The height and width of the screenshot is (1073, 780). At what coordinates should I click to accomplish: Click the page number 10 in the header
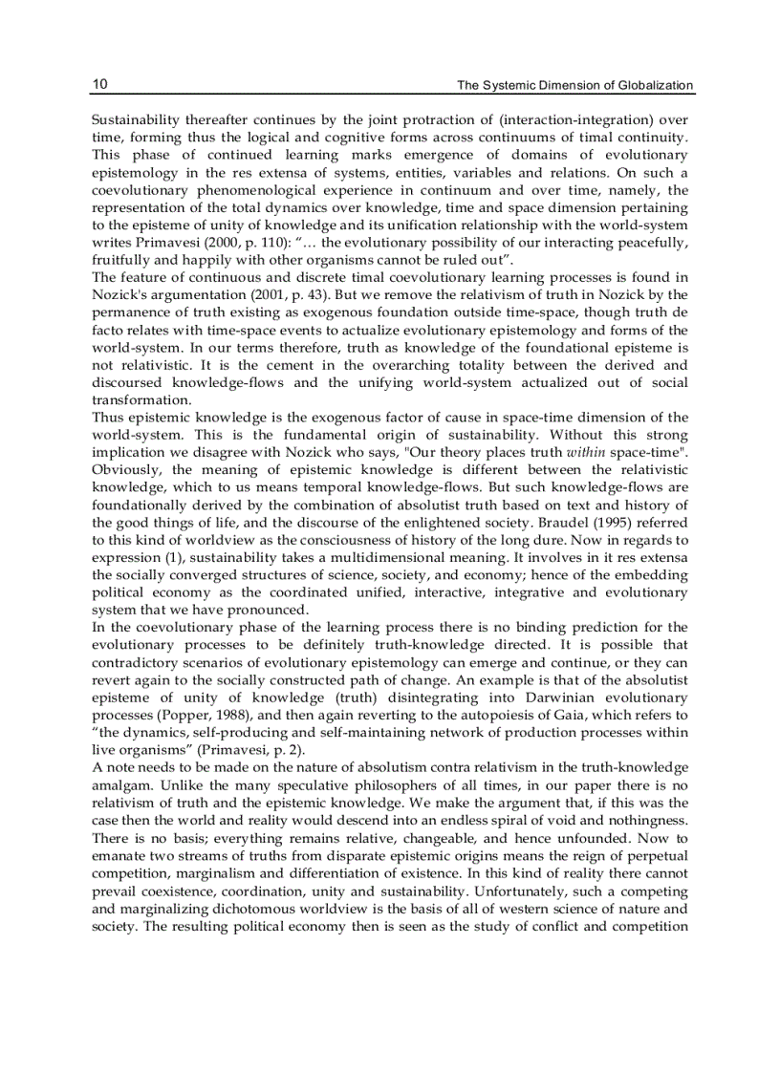pyautogui.click(x=99, y=85)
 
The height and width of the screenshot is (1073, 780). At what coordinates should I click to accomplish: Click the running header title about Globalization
pyautogui.click(x=574, y=86)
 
